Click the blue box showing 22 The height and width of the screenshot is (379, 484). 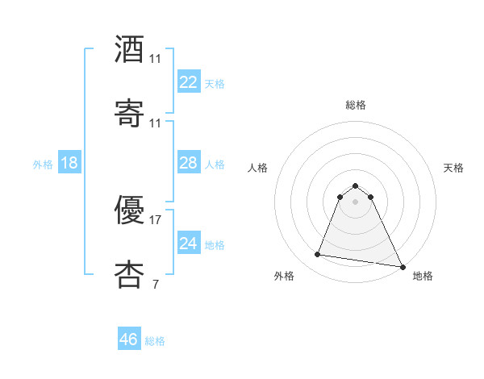pyautogui.click(x=188, y=82)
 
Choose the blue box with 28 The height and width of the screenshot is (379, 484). pyautogui.click(x=188, y=163)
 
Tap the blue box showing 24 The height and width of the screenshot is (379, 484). pyautogui.click(x=188, y=244)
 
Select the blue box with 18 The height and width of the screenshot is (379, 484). pyautogui.click(x=69, y=163)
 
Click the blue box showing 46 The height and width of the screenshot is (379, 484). pyautogui.click(x=128, y=339)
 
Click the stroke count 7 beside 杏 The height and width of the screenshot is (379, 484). pyautogui.click(x=155, y=283)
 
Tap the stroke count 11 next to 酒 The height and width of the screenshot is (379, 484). pyautogui.click(x=156, y=59)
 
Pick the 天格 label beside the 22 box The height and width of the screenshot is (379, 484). pyautogui.click(x=215, y=84)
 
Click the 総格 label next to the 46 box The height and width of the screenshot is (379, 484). pyautogui.click(x=155, y=341)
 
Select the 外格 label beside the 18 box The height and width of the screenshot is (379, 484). pyautogui.click(x=43, y=165)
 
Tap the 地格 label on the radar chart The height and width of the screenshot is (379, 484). pyautogui.click(x=423, y=276)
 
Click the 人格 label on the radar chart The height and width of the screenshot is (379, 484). pyautogui.click(x=258, y=168)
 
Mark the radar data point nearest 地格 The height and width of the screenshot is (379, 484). pyautogui.click(x=401, y=266)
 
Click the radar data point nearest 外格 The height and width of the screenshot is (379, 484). pyautogui.click(x=318, y=255)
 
